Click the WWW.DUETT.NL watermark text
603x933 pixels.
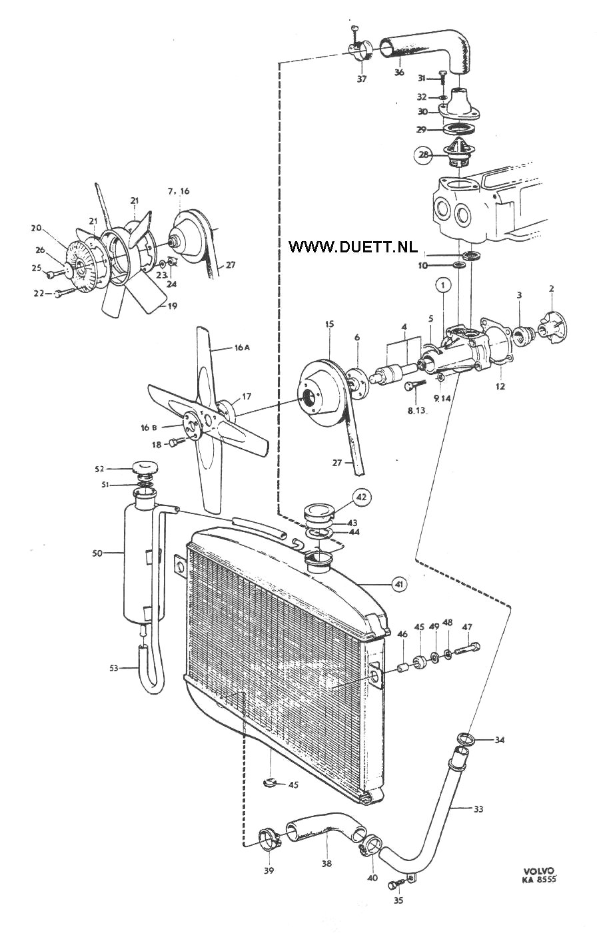pyautogui.click(x=352, y=246)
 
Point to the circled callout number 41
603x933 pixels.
pyautogui.click(x=399, y=585)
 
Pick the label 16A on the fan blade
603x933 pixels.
pyautogui.click(x=242, y=348)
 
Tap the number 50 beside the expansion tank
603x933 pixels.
pyautogui.click(x=97, y=554)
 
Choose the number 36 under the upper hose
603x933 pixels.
pyautogui.click(x=399, y=72)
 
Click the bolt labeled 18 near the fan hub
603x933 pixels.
pyautogui.click(x=174, y=443)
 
